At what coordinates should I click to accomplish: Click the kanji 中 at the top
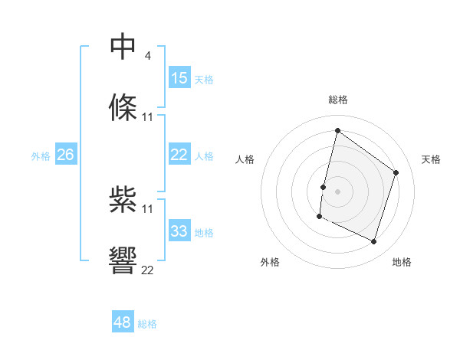[x=123, y=46]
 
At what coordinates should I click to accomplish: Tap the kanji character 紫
[x=123, y=199]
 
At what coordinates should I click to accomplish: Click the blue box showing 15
[x=179, y=77]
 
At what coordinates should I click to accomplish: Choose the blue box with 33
[x=179, y=231]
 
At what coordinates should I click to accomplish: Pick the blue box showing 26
[x=65, y=155]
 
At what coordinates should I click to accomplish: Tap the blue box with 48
[x=123, y=322]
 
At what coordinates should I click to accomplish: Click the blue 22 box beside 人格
[x=179, y=155]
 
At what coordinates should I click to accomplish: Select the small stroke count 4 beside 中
[x=148, y=55]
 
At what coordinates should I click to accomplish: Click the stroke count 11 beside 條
[x=147, y=117]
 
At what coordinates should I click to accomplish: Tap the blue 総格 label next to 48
[x=147, y=324]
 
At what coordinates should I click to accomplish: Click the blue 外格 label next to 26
[x=41, y=156]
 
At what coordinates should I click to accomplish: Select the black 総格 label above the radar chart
[x=338, y=100]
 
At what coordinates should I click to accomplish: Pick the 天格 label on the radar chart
[x=431, y=159]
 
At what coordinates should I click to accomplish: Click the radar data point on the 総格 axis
[x=337, y=131]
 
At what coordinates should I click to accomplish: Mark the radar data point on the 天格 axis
[x=396, y=172]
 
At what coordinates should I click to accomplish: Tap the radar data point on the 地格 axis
[x=374, y=242]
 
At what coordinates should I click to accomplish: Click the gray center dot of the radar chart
[x=337, y=191]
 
